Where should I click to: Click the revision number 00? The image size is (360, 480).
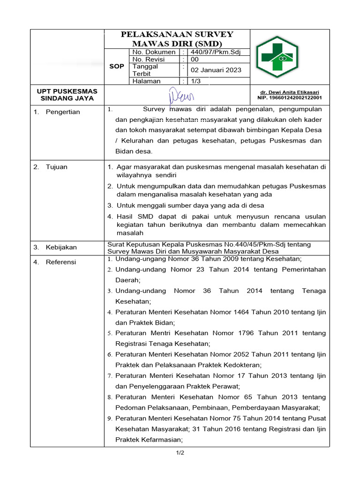(x=195, y=60)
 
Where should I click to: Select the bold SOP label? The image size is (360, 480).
(x=116, y=67)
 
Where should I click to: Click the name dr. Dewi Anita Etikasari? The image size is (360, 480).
(x=291, y=92)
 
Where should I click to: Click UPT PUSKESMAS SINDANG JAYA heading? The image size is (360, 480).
(x=67, y=95)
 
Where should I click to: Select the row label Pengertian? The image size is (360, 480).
(x=63, y=112)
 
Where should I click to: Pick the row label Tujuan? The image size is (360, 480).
(x=57, y=167)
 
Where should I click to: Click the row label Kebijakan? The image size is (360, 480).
(x=61, y=247)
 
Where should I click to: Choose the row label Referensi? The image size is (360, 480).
(x=60, y=262)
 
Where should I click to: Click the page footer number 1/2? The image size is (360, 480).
(x=180, y=453)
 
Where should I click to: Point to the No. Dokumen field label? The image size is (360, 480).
(x=154, y=52)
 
